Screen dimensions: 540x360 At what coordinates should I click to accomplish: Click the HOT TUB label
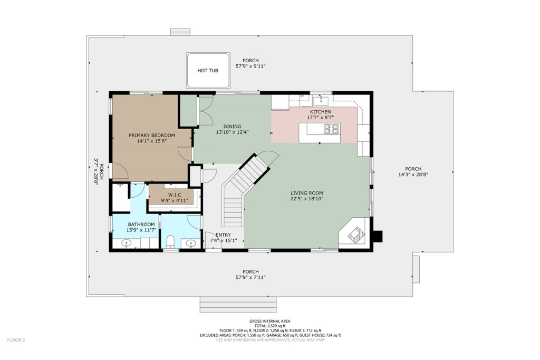[x=208, y=71]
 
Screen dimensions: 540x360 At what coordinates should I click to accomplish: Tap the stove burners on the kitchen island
[x=331, y=129]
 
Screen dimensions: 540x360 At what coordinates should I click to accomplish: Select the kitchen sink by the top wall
[x=322, y=100]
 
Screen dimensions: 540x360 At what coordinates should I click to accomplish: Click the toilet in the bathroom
[x=170, y=241]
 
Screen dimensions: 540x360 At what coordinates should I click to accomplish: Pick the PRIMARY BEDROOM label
[x=152, y=135]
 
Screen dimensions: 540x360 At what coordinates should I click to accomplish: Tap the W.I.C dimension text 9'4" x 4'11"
[x=175, y=201]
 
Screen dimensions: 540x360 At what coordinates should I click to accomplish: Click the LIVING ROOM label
[x=307, y=193]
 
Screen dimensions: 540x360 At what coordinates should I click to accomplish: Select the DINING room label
[x=233, y=127]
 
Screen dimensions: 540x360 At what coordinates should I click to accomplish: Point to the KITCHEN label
[x=320, y=112]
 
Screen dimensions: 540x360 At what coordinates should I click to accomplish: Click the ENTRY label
[x=223, y=235]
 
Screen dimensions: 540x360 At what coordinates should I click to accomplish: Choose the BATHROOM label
[x=141, y=225]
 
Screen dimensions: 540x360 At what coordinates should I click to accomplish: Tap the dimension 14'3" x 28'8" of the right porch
[x=413, y=174]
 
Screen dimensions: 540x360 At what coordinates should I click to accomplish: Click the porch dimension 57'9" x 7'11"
[x=250, y=277]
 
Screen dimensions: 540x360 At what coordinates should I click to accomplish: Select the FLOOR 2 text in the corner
[x=16, y=340]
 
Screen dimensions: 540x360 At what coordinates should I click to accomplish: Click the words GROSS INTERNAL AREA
[x=270, y=322]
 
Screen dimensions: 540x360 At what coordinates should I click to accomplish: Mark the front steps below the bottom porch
[x=238, y=305]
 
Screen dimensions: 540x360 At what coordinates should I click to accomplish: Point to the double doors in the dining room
[x=206, y=111]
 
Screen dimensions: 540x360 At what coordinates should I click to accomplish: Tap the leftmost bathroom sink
[x=127, y=244]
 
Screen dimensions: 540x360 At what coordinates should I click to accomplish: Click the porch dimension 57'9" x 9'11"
[x=250, y=66]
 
